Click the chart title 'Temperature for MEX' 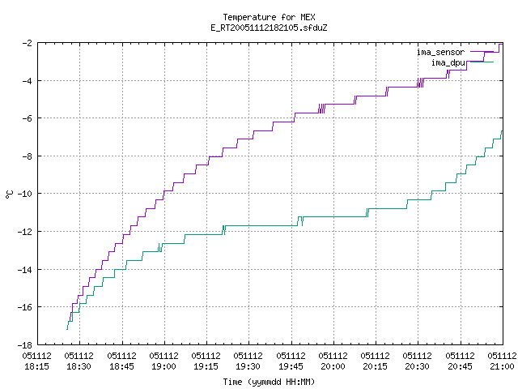[269, 17]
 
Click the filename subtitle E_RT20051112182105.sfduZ [269, 28]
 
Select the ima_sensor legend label [440, 52]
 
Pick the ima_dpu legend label [448, 62]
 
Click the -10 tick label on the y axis [25, 194]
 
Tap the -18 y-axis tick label [25, 345]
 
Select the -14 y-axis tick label [25, 270]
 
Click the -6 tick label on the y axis [28, 118]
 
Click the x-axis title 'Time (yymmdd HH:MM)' [269, 382]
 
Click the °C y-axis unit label [9, 194]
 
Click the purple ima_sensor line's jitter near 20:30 [420, 83]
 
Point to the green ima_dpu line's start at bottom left [67, 329]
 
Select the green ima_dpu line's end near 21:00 [502, 131]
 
